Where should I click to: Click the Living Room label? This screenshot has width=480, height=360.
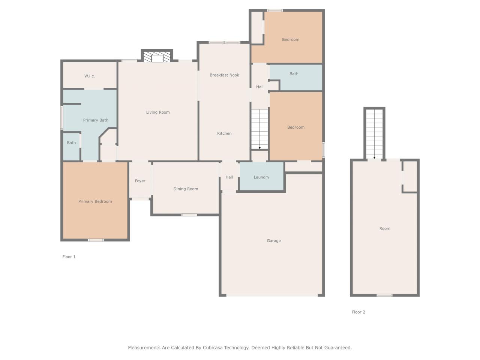pos(158,112)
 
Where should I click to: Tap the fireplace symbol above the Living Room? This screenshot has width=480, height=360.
pos(157,57)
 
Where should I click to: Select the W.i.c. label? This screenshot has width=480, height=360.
pos(90,76)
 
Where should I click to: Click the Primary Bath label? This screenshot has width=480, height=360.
pos(96,120)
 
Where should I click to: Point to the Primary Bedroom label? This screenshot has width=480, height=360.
pos(95,201)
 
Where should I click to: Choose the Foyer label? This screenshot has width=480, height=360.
pos(140,181)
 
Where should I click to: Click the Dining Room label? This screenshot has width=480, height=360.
pos(186,189)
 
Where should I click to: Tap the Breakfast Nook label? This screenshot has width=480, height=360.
pos(224,75)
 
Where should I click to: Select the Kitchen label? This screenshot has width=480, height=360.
pos(224,133)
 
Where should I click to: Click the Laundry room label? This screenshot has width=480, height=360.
pos(261,177)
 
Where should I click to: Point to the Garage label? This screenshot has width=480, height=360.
pos(274,241)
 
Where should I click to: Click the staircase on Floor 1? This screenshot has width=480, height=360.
pos(259,129)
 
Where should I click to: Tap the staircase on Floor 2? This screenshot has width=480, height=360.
pos(374,133)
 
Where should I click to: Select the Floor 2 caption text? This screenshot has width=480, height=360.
pos(358,312)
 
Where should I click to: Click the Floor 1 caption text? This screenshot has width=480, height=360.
pos(69,257)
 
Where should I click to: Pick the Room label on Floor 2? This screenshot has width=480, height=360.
pos(385,228)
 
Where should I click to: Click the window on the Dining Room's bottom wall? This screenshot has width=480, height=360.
pos(189,215)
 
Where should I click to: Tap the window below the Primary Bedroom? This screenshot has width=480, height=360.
pos(96,240)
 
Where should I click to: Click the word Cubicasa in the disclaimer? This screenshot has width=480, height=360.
pos(213,348)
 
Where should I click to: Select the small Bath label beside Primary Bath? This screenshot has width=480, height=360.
pos(71,142)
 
